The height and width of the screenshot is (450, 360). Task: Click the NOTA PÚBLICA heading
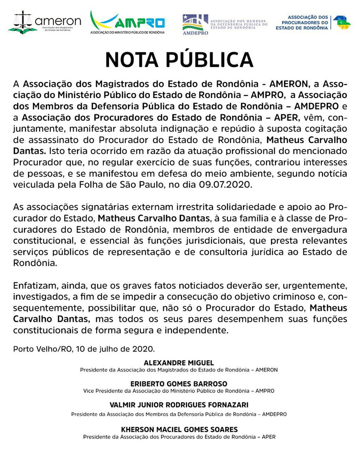pyautogui.click(x=179, y=60)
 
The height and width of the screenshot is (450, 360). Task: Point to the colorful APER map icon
pyautogui.click(x=342, y=22)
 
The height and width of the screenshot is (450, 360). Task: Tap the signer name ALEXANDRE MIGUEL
pyautogui.click(x=179, y=363)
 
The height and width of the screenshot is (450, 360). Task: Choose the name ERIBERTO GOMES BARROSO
pyautogui.click(x=179, y=384)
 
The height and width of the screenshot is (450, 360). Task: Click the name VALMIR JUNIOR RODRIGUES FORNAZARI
pyautogui.click(x=179, y=404)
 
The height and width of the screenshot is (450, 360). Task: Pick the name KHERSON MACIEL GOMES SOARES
pyautogui.click(x=179, y=429)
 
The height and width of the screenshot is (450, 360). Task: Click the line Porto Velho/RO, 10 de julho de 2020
pyautogui.click(x=84, y=348)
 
